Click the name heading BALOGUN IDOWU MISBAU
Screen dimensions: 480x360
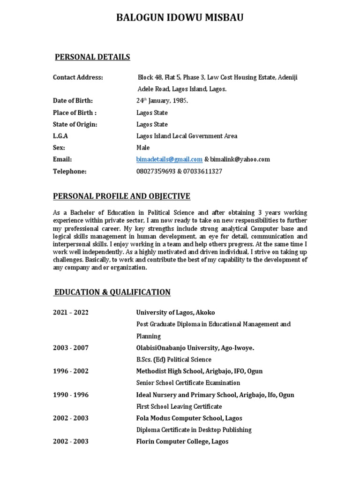180,18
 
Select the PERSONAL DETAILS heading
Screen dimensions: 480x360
92,57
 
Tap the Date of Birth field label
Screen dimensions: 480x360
73,101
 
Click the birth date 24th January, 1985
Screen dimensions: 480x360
162,101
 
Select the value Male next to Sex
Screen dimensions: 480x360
143,148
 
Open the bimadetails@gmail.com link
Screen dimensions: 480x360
169,159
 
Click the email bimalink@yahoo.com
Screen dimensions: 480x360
240,159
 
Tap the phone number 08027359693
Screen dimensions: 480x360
154,172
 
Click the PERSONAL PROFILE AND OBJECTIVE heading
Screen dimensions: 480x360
122,196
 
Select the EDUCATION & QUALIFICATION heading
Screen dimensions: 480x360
112,292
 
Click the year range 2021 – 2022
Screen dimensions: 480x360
71,312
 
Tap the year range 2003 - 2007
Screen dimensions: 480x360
71,348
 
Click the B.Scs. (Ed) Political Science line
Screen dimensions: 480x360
173,360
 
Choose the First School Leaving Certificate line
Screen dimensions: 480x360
179,406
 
